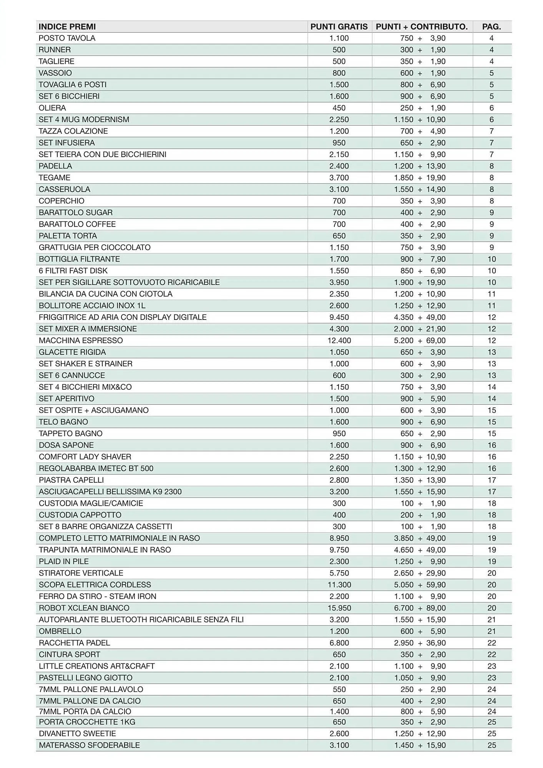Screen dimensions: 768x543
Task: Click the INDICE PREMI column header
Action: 67,26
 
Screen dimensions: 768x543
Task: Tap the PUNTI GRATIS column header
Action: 339,26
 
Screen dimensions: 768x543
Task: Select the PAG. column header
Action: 492,26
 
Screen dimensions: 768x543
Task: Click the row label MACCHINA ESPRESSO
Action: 81,341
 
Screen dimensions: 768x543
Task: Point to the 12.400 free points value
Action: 339,341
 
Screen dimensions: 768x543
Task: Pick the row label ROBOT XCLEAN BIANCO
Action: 84,608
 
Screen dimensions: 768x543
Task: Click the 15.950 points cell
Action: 339,608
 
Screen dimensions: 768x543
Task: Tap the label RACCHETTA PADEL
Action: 74,643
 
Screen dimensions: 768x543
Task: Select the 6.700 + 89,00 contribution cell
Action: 420,608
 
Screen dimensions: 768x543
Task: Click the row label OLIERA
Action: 52,108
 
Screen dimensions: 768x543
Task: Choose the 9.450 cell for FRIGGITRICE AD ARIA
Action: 339,317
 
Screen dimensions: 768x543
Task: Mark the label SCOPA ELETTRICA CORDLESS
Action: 95,584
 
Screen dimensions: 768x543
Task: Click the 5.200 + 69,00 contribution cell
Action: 420,341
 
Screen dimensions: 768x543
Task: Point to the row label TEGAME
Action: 55,178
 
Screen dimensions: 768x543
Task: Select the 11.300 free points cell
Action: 339,584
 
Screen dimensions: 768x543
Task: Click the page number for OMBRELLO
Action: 492,631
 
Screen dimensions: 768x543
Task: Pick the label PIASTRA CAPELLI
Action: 71,480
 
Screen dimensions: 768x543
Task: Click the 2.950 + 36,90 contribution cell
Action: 420,643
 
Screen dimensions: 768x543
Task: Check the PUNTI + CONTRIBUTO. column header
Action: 422,26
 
